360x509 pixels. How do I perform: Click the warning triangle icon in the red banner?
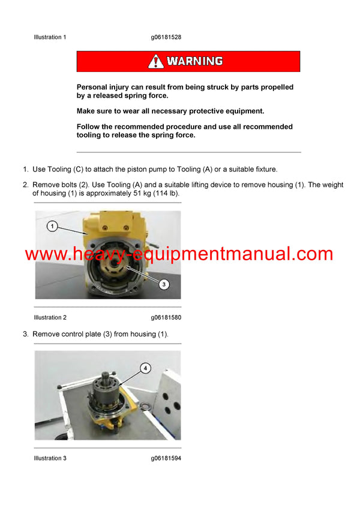coord(156,61)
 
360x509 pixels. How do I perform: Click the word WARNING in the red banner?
coord(194,61)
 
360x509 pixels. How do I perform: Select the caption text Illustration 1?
coord(50,37)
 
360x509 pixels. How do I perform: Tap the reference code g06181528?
coord(166,37)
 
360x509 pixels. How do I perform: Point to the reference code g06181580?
coord(166,317)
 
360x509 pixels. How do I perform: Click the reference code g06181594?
coord(166,458)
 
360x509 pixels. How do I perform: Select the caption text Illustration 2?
coord(50,317)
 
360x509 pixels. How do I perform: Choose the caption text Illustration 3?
coord(50,458)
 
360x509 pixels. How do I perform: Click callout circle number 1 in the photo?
coord(53,227)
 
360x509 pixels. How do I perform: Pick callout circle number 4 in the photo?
coord(145,368)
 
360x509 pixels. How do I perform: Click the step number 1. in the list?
coord(26,170)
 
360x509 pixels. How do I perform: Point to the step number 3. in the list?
coord(26,333)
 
